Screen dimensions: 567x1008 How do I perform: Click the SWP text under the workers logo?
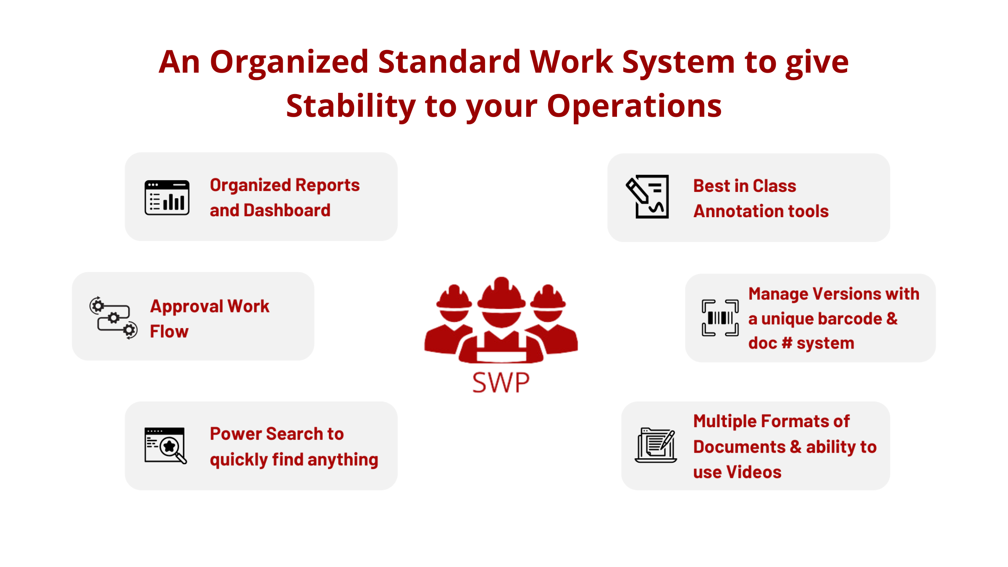(x=501, y=383)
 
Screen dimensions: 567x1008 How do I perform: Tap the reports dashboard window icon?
(x=167, y=197)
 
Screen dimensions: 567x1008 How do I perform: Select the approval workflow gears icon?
(x=113, y=318)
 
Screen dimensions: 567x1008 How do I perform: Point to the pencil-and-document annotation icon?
(x=647, y=197)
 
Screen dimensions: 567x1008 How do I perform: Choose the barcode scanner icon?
(x=720, y=318)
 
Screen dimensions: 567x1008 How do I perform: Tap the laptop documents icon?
(x=656, y=445)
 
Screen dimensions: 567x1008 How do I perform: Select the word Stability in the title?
(x=351, y=106)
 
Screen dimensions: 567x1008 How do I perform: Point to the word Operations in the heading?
(x=634, y=106)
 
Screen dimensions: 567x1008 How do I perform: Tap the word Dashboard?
(x=287, y=210)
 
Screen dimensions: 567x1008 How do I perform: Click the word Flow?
(x=169, y=331)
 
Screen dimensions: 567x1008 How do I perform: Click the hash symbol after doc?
(x=786, y=343)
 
